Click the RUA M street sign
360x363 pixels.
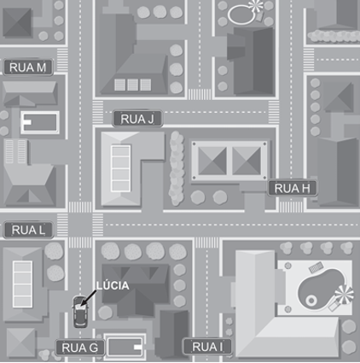coord(28,67)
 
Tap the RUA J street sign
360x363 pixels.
coord(137,119)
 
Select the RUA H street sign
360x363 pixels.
coord(292,188)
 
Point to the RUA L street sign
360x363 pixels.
coord(28,230)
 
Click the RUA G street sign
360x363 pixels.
coord(80,348)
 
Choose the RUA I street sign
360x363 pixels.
coord(207,347)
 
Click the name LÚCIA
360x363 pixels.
coord(113,285)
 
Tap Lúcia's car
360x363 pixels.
coord(80,312)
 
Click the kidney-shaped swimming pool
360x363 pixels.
coord(321,289)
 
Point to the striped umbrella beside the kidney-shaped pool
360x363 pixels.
coord(344,295)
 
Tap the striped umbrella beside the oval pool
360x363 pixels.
coord(256,5)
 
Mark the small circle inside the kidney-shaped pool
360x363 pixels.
coord(311,301)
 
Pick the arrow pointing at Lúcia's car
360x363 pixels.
coord(88,298)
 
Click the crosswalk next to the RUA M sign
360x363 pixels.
coord(62,60)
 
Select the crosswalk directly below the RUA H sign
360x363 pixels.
coord(291,207)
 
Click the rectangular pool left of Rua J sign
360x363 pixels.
coord(40,123)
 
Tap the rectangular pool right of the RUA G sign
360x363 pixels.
coord(125,347)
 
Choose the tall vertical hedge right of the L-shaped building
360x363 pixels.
coord(176,168)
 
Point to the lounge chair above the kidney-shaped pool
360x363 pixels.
coord(316,267)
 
